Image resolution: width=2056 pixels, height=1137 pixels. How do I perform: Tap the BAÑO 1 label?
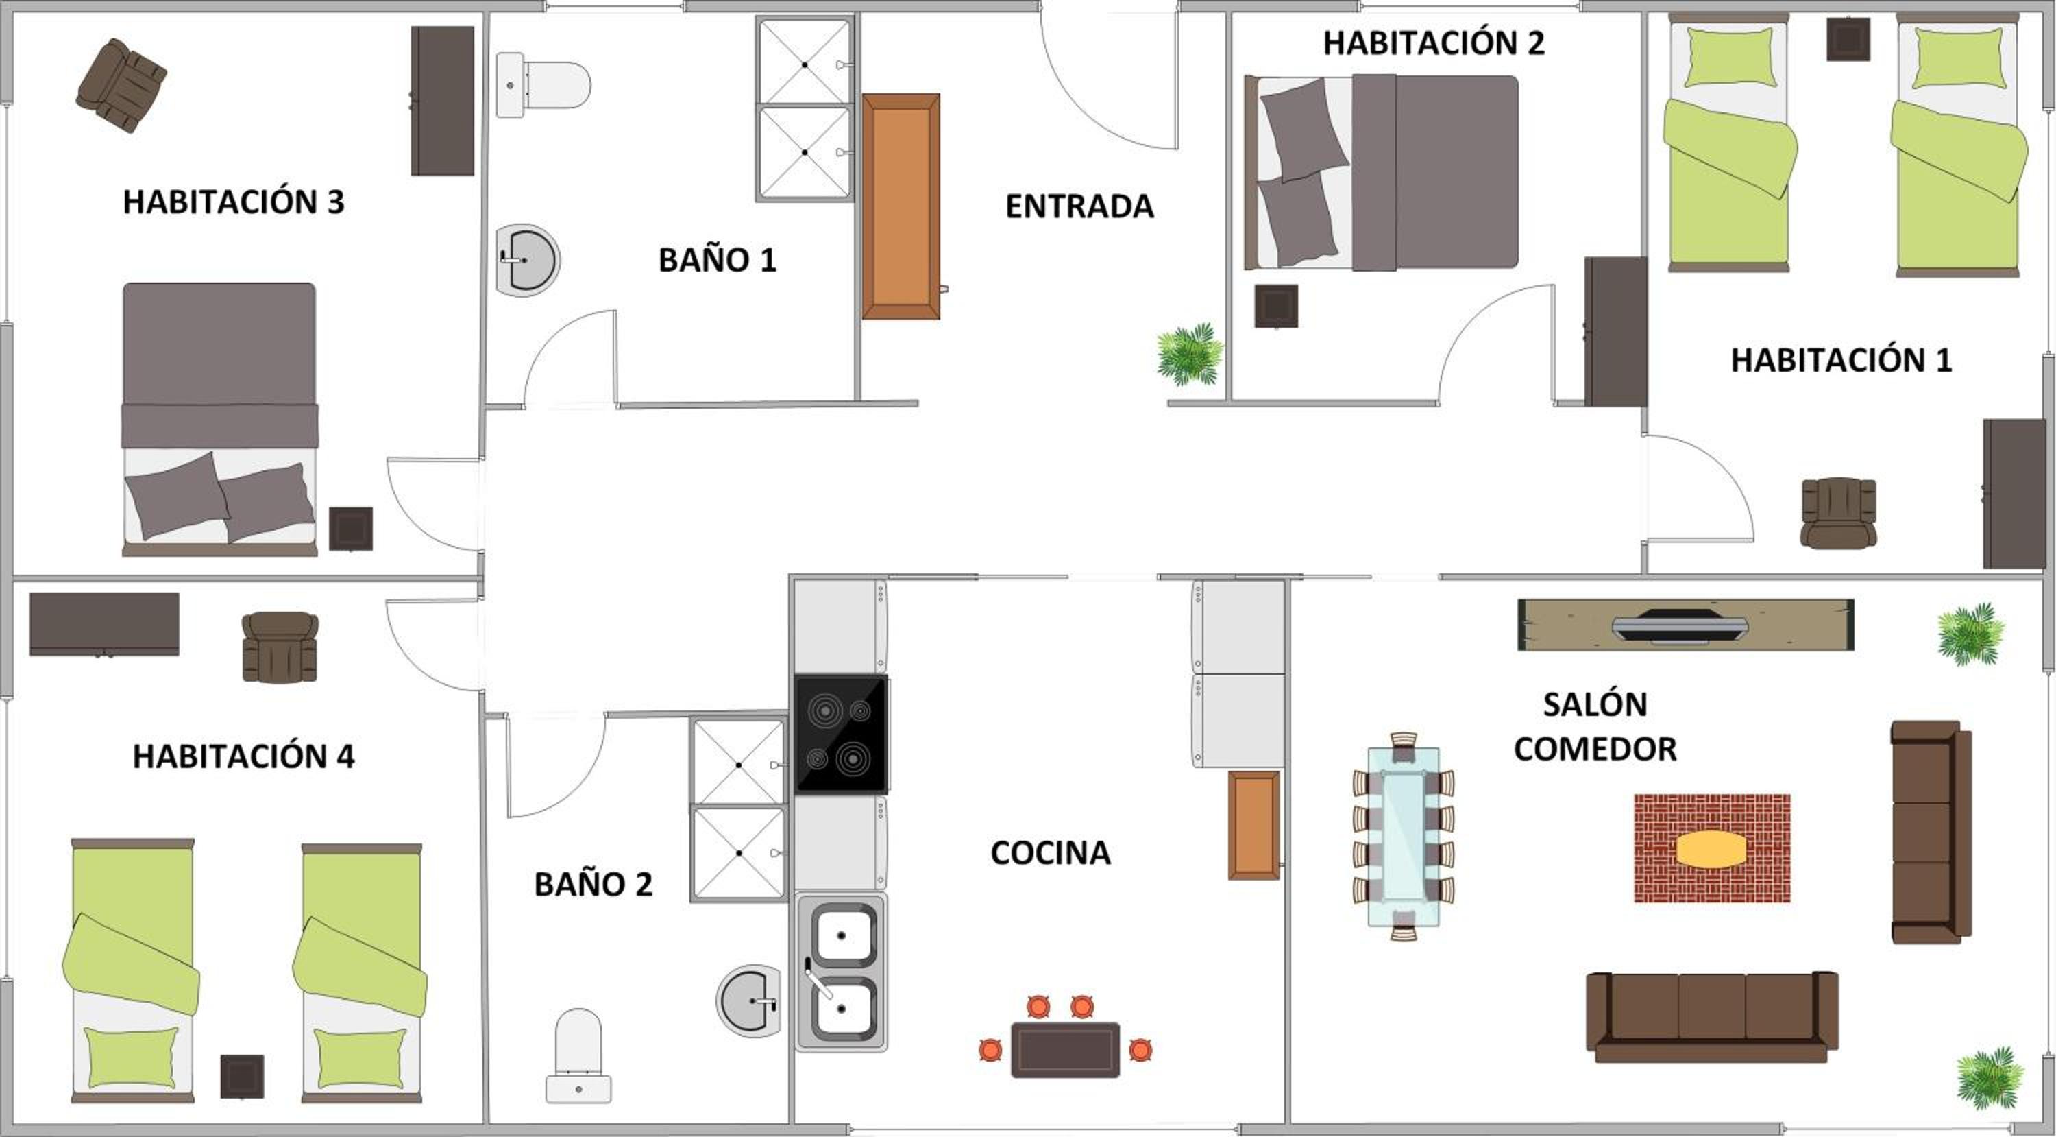click(x=717, y=259)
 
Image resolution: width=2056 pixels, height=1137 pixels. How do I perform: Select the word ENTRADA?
click(x=1079, y=206)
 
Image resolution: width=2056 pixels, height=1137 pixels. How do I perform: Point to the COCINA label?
click(x=1051, y=853)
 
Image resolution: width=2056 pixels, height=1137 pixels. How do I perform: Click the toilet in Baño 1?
click(x=543, y=84)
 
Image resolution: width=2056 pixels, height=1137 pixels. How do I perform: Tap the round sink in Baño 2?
click(x=748, y=1001)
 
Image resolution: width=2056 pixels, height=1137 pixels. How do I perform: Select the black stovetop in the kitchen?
click(x=841, y=734)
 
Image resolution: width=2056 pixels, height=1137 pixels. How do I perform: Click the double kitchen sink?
click(x=841, y=972)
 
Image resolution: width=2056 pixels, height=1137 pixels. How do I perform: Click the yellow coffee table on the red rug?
click(x=1711, y=850)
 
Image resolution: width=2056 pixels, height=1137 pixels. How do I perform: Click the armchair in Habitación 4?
click(x=280, y=647)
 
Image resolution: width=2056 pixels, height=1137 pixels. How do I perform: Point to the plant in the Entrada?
click(x=1190, y=355)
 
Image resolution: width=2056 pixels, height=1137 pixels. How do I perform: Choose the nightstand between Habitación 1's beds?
click(x=1848, y=39)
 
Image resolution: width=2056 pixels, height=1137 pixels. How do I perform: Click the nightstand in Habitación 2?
click(x=1275, y=306)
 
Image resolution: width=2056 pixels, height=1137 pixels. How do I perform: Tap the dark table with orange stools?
click(x=1065, y=1049)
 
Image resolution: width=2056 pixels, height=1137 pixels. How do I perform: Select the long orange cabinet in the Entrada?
click(x=901, y=206)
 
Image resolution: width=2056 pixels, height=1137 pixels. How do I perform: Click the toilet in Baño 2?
click(x=578, y=1055)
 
